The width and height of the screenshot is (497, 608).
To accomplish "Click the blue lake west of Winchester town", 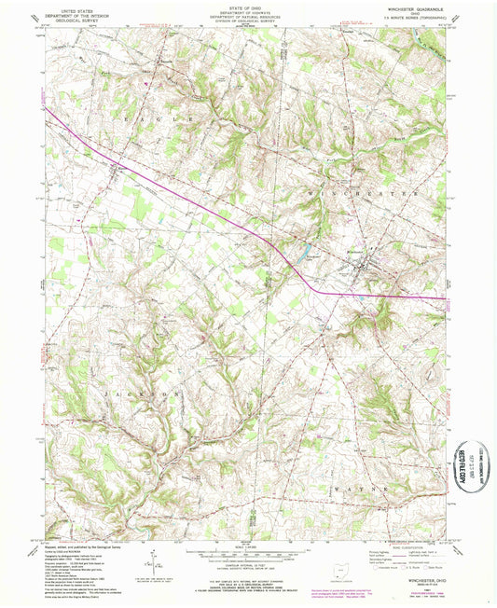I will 306,252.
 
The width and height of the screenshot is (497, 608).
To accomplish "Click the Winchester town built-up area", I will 359,270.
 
